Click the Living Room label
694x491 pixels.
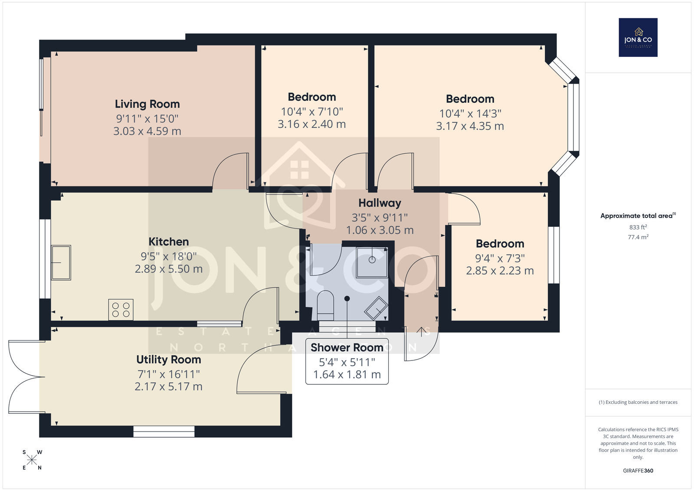(147, 104)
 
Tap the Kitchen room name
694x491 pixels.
(169, 242)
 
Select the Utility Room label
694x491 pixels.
(169, 360)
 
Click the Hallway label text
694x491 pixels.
(380, 203)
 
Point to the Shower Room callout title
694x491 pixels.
(347, 347)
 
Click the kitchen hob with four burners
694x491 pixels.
(121, 309)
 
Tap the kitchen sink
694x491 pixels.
(61, 263)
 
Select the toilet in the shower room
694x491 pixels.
(325, 305)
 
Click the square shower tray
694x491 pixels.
(372, 262)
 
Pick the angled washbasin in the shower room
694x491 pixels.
(376, 308)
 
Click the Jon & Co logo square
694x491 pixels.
(638, 37)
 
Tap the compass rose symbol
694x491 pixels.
(32, 460)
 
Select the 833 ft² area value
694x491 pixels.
(638, 227)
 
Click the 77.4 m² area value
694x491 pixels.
(638, 237)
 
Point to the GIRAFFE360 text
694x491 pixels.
(638, 471)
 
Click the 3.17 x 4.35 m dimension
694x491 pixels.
(470, 126)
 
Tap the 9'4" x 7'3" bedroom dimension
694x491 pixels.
(500, 258)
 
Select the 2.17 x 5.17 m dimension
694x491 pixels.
(169, 386)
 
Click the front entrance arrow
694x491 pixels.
(421, 332)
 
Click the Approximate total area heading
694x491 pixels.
(638, 216)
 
